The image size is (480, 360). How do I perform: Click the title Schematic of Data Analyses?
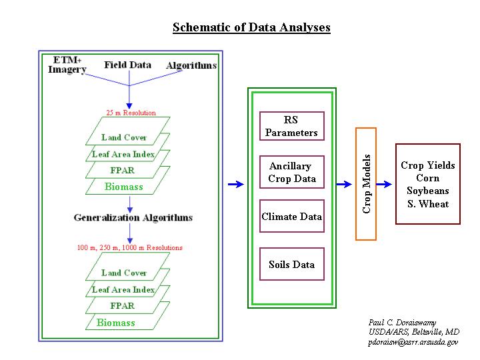click(x=251, y=27)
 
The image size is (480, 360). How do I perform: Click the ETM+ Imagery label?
click(x=67, y=65)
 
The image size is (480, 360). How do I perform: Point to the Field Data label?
click(x=127, y=65)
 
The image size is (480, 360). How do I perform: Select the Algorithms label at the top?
click(x=191, y=65)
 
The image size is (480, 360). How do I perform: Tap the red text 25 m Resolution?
click(x=131, y=113)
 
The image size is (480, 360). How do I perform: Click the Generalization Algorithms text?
click(x=133, y=217)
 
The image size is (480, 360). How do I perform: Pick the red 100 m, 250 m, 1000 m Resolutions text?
click(x=129, y=247)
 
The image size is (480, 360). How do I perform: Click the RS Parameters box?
click(x=291, y=126)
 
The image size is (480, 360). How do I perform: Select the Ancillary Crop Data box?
click(x=291, y=172)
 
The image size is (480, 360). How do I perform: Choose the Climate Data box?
click(x=291, y=217)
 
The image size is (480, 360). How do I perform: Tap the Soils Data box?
click(x=291, y=264)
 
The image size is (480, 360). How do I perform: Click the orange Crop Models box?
click(x=366, y=184)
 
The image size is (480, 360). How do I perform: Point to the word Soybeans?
click(x=428, y=191)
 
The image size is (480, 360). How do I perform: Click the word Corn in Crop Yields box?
click(x=428, y=178)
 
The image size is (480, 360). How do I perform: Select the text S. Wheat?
click(x=428, y=204)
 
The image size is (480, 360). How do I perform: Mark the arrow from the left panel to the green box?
click(x=236, y=185)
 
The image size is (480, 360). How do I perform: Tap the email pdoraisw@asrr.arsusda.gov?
click(x=413, y=342)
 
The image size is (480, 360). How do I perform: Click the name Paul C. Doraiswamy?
click(x=402, y=323)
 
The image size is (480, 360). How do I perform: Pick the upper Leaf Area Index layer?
click(x=123, y=154)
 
